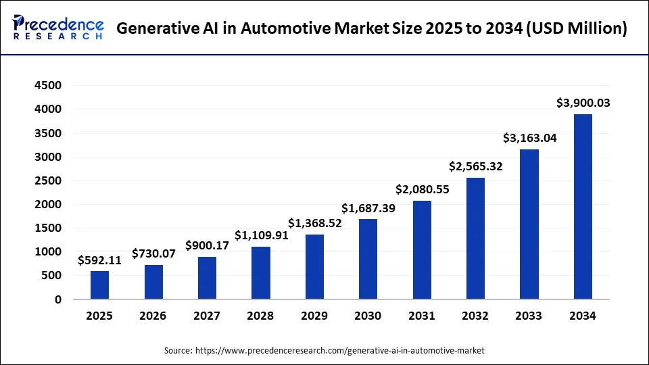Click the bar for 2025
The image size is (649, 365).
pyautogui.click(x=99, y=285)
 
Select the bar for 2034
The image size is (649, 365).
pyautogui.click(x=583, y=206)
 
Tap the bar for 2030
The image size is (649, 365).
pyautogui.click(x=368, y=259)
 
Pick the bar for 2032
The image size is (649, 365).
pyautogui.click(x=475, y=238)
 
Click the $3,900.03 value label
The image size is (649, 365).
pyautogui.click(x=583, y=103)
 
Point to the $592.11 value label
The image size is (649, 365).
pyautogui.click(x=99, y=260)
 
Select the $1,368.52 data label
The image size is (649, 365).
pyautogui.click(x=315, y=223)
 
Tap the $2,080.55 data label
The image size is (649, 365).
pyautogui.click(x=422, y=189)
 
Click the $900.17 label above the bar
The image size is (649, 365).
pyautogui.click(x=207, y=245)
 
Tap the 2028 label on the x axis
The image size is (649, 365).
pyautogui.click(x=261, y=316)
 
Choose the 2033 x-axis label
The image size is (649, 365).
pyautogui.click(x=529, y=316)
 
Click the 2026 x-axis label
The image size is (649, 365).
pyautogui.click(x=153, y=316)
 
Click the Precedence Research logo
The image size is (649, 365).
pyautogui.click(x=58, y=28)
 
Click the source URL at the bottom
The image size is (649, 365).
pyautogui.click(x=340, y=351)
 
